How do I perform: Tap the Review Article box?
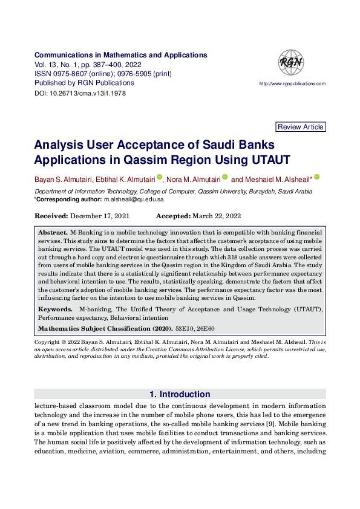point(301,127)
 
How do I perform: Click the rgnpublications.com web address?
point(292,84)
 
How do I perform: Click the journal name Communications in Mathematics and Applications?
point(120,54)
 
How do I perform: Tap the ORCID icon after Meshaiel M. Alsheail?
point(316,178)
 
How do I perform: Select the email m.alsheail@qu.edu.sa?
point(134,199)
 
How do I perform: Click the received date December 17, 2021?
point(99,216)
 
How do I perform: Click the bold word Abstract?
point(53,232)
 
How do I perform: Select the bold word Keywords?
point(54,309)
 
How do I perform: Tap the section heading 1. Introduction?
point(180,394)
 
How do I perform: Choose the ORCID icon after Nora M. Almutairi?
point(224,178)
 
